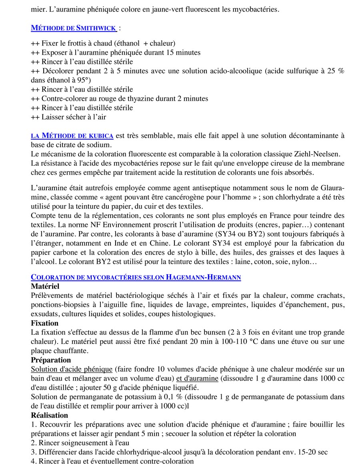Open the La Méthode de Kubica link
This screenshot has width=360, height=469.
click(72, 136)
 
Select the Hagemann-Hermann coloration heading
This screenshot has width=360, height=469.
click(136, 277)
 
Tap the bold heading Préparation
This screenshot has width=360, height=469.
click(51, 360)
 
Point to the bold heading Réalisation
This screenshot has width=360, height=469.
click(50, 415)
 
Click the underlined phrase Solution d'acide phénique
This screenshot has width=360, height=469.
click(72, 369)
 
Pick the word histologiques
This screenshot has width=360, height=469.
click(190, 314)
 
